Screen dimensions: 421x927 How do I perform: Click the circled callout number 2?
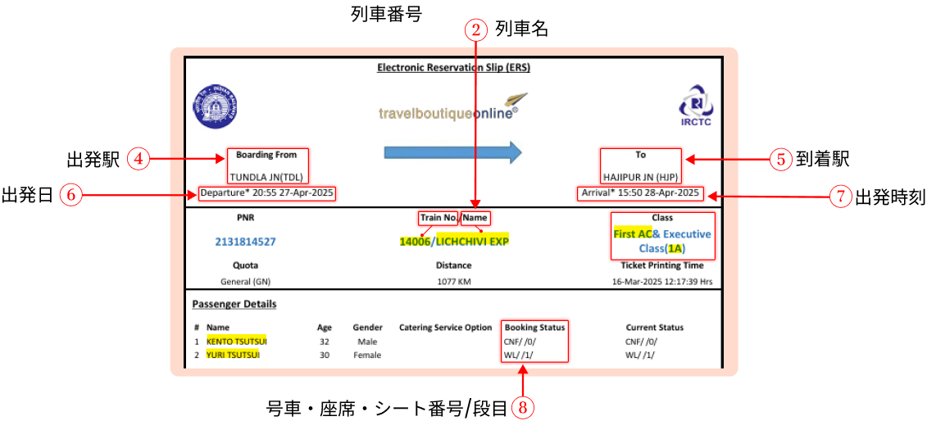coord(476,30)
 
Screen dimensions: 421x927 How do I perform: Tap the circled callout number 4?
coord(139,159)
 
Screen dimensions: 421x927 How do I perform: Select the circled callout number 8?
coord(523,406)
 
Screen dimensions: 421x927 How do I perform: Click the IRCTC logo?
coord(695,106)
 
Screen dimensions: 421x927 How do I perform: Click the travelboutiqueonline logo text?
coord(448,113)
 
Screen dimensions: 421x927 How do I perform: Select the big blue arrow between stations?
coord(452,152)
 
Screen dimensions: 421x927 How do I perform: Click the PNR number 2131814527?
coord(245,242)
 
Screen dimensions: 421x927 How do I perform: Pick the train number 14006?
coord(415,241)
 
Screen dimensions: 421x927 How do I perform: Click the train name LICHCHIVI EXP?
coord(472,241)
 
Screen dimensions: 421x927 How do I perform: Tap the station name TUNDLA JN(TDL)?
coord(266,177)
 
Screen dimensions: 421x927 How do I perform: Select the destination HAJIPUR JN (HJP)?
coord(641,177)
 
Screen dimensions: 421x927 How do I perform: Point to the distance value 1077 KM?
coord(453,282)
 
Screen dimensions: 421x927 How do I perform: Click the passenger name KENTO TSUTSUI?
coord(237,341)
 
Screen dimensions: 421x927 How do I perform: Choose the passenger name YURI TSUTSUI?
coord(233,355)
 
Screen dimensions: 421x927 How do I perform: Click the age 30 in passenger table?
coord(325,355)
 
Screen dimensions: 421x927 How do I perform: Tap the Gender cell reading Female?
coord(367,355)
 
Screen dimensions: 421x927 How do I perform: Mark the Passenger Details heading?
coord(234,304)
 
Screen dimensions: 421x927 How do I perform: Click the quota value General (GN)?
coord(245,282)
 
